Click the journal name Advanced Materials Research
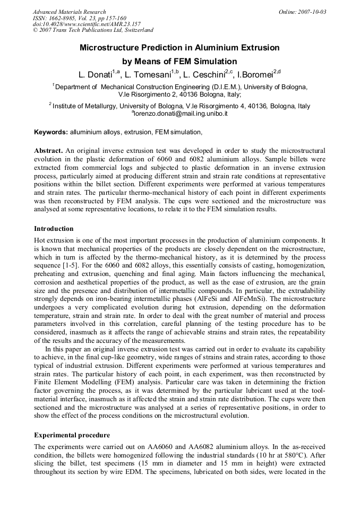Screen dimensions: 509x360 tap(70, 12)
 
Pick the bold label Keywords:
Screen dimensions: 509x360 tap(51, 132)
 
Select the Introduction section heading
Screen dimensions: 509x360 tap(54, 229)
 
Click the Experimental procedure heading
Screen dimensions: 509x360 tap(72, 435)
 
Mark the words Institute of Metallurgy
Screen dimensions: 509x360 tap(85, 106)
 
